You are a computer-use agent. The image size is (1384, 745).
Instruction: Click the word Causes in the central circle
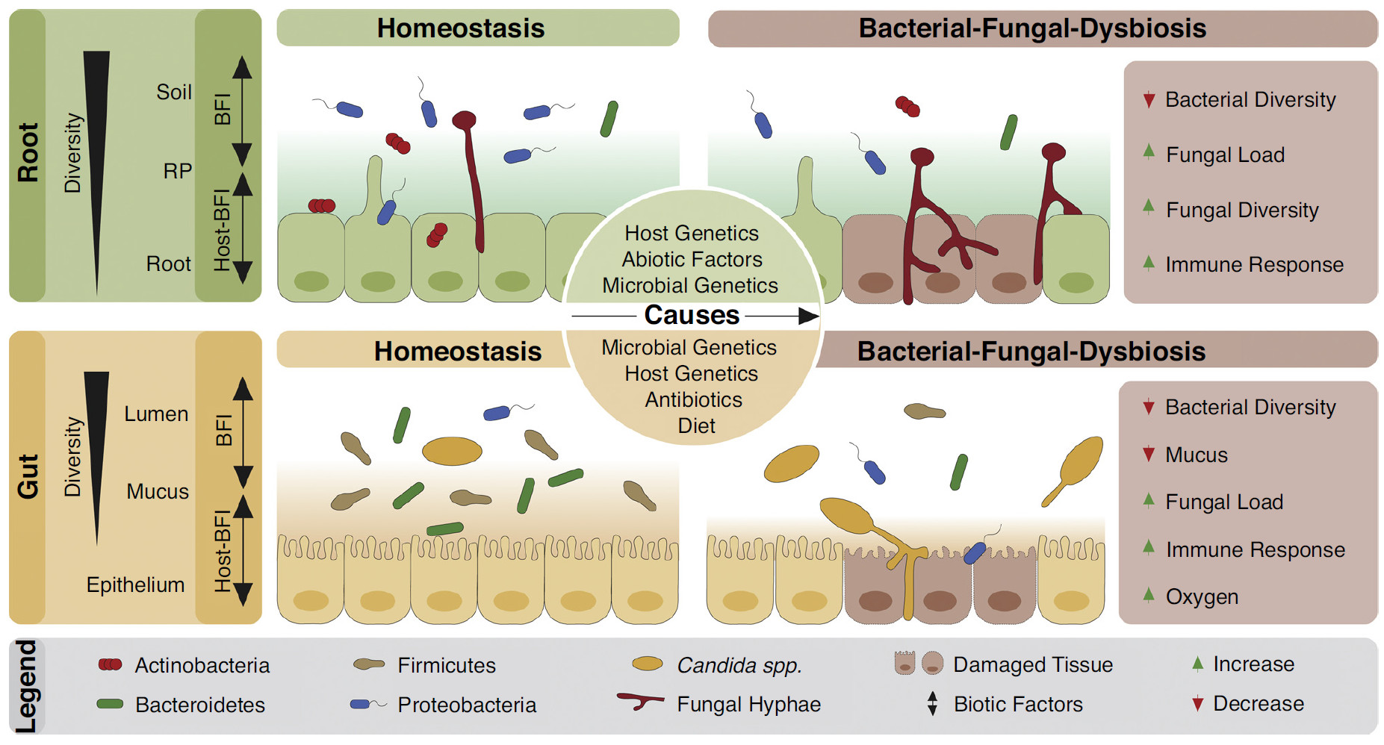[x=692, y=315]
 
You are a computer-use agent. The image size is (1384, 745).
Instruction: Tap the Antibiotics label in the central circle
[x=694, y=400]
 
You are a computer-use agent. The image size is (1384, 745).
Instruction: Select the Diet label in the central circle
[x=696, y=426]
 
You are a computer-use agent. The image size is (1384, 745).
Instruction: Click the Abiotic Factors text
[x=692, y=259]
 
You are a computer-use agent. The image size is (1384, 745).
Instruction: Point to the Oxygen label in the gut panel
[x=1202, y=597]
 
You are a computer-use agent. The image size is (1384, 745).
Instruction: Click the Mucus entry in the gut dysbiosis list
[x=1197, y=455]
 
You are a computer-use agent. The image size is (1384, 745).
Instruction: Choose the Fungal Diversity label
[x=1242, y=211]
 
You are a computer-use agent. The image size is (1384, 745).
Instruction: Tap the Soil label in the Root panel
[x=174, y=92]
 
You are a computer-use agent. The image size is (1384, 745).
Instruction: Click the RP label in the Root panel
[x=178, y=171]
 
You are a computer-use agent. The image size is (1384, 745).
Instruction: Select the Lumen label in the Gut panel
[x=156, y=414]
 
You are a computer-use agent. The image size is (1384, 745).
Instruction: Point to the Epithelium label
[x=135, y=585]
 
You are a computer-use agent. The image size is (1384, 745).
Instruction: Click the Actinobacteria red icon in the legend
[x=111, y=664]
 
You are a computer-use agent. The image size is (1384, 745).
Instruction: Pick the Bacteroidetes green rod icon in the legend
[x=110, y=704]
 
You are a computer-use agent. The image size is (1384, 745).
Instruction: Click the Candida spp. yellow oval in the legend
[x=648, y=664]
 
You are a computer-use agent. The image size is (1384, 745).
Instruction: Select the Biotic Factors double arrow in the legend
[x=932, y=703]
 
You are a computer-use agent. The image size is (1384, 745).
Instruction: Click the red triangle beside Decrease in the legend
[x=1197, y=704]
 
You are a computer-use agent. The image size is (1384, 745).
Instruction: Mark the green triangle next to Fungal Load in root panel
[x=1149, y=152]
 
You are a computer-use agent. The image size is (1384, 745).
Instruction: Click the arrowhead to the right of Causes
[x=809, y=316]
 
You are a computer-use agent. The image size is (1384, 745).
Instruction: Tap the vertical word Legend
[x=26, y=686]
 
